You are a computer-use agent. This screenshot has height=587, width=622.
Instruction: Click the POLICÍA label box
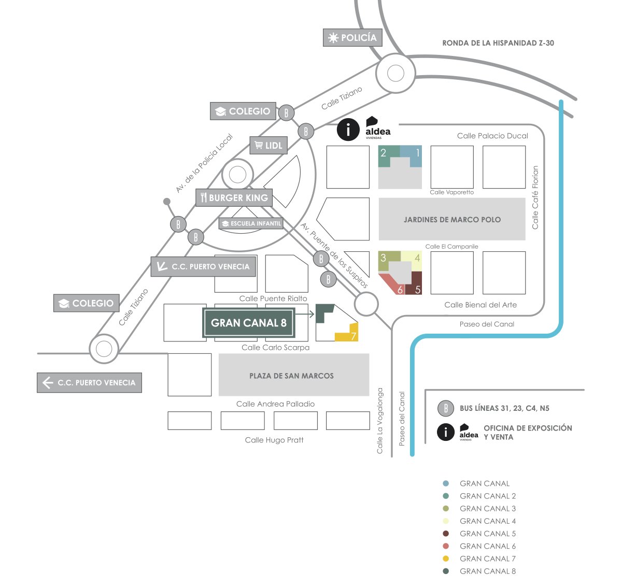pyautogui.click(x=352, y=38)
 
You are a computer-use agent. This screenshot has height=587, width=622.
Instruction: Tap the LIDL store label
pyautogui.click(x=268, y=146)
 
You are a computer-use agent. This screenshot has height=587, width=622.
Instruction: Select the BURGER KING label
pyautogui.click(x=234, y=198)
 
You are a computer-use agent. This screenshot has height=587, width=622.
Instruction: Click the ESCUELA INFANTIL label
pyautogui.click(x=251, y=224)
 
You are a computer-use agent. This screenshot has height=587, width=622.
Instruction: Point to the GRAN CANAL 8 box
pyautogui.click(x=248, y=323)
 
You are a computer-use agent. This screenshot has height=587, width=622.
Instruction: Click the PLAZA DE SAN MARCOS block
pyautogui.click(x=293, y=375)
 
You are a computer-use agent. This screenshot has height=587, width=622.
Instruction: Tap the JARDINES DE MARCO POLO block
pyautogui.click(x=451, y=219)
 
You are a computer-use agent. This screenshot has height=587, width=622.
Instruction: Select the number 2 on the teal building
pyautogui.click(x=384, y=153)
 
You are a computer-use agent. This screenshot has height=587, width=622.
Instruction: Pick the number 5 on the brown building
pyautogui.click(x=417, y=290)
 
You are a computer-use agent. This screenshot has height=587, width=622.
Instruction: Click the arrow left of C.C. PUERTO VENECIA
pyautogui.click(x=48, y=383)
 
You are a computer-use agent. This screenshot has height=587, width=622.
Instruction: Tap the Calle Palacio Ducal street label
pyautogui.click(x=492, y=136)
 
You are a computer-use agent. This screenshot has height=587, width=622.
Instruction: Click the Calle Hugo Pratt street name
pyautogui.click(x=274, y=440)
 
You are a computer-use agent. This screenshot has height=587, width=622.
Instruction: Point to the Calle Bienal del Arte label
pyautogui.click(x=480, y=305)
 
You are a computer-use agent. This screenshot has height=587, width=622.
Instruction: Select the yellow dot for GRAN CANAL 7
pyautogui.click(x=446, y=559)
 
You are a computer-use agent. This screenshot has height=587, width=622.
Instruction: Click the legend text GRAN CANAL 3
pyautogui.click(x=487, y=508)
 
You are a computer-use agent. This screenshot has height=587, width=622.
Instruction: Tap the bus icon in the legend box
pyautogui.click(x=445, y=408)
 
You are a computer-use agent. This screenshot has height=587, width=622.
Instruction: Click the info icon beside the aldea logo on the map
pyautogui.click(x=348, y=130)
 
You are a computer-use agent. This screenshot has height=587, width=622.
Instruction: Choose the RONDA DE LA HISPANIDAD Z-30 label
pyautogui.click(x=498, y=43)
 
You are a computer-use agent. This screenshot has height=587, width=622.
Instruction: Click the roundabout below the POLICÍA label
pyautogui.click(x=395, y=74)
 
